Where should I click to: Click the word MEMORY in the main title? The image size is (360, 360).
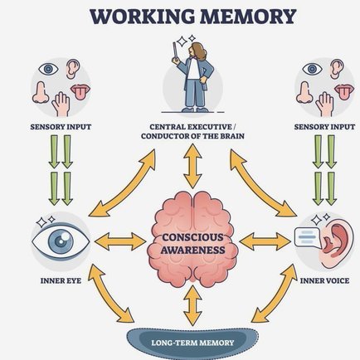click(x=247, y=17)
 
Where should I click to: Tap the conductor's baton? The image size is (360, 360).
click(x=175, y=51)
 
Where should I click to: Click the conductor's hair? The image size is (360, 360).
click(x=198, y=51)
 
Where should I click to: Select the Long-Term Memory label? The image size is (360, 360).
click(x=192, y=343)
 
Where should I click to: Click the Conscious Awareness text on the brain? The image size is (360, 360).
click(x=192, y=243)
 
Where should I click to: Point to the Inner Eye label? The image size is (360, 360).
click(x=61, y=280)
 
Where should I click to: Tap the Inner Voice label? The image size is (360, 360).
click(x=324, y=280)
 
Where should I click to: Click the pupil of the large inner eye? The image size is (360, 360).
click(x=61, y=241)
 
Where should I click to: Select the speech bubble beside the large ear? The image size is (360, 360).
click(x=306, y=237)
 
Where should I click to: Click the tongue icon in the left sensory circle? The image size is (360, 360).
click(x=80, y=92)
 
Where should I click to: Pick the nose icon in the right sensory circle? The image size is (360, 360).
click(x=304, y=93)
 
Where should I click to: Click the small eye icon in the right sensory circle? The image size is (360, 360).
click(x=312, y=69)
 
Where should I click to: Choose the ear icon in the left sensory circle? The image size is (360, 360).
click(x=73, y=69)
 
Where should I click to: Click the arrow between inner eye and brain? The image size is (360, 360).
click(x=120, y=241)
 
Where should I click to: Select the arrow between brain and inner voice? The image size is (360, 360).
click(x=265, y=241)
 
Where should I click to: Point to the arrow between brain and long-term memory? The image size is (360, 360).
click(x=192, y=305)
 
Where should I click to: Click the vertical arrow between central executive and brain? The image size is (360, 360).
click(x=192, y=166)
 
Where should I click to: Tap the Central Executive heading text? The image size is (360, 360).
click(x=192, y=131)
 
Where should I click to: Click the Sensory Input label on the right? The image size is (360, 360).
click(x=324, y=127)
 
